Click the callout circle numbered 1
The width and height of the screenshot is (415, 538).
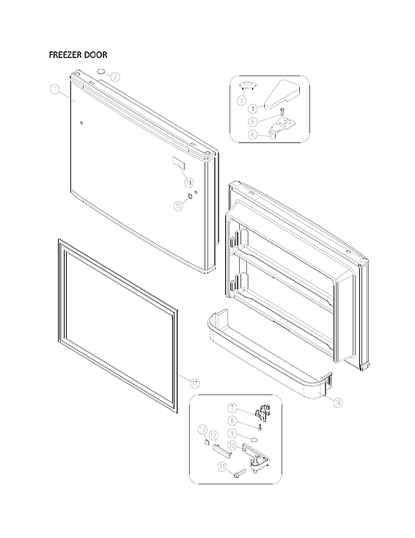54,90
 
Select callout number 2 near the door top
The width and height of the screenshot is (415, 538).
116,76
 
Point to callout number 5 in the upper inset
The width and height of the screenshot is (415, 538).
251,121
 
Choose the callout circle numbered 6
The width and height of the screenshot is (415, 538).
251,134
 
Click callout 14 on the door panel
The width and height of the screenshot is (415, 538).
188,181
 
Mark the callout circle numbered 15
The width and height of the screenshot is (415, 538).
177,206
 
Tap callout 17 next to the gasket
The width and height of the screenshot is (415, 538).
194,383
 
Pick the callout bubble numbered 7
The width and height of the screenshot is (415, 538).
232,407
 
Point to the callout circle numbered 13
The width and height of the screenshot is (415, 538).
202,429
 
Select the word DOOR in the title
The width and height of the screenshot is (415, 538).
102,55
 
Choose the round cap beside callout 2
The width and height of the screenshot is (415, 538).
100,72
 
